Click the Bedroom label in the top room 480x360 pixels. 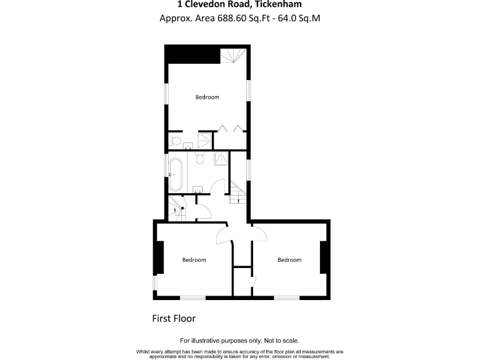point(207,97)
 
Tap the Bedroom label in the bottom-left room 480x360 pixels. point(194,260)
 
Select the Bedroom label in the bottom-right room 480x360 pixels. point(289,260)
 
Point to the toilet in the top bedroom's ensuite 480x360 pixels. point(176,140)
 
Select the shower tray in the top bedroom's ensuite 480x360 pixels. point(205,140)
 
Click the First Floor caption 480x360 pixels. point(174,318)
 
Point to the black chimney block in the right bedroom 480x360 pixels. point(324,257)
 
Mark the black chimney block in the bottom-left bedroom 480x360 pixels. point(159,257)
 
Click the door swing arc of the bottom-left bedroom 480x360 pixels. point(223,236)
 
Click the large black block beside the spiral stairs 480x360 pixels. point(192,54)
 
